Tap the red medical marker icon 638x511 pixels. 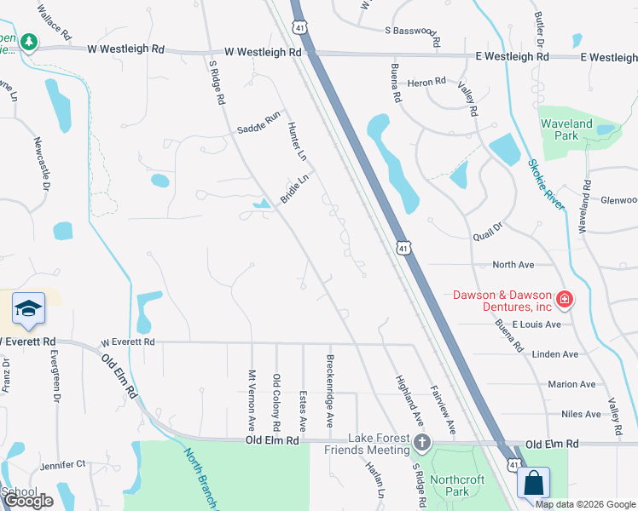click(x=564, y=299)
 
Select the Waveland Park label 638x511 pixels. click(x=566, y=129)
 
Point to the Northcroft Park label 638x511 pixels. click(x=459, y=485)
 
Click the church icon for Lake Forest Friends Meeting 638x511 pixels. click(x=422, y=442)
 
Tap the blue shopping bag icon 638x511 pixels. click(x=533, y=483)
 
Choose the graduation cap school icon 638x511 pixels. click(x=28, y=309)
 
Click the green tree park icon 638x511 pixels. click(x=29, y=41)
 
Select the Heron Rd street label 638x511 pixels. click(x=427, y=82)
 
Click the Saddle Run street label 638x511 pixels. click(x=258, y=123)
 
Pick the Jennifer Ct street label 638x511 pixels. click(x=62, y=464)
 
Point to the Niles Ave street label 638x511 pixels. click(x=582, y=415)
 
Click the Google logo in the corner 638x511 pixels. click(x=27, y=501)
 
